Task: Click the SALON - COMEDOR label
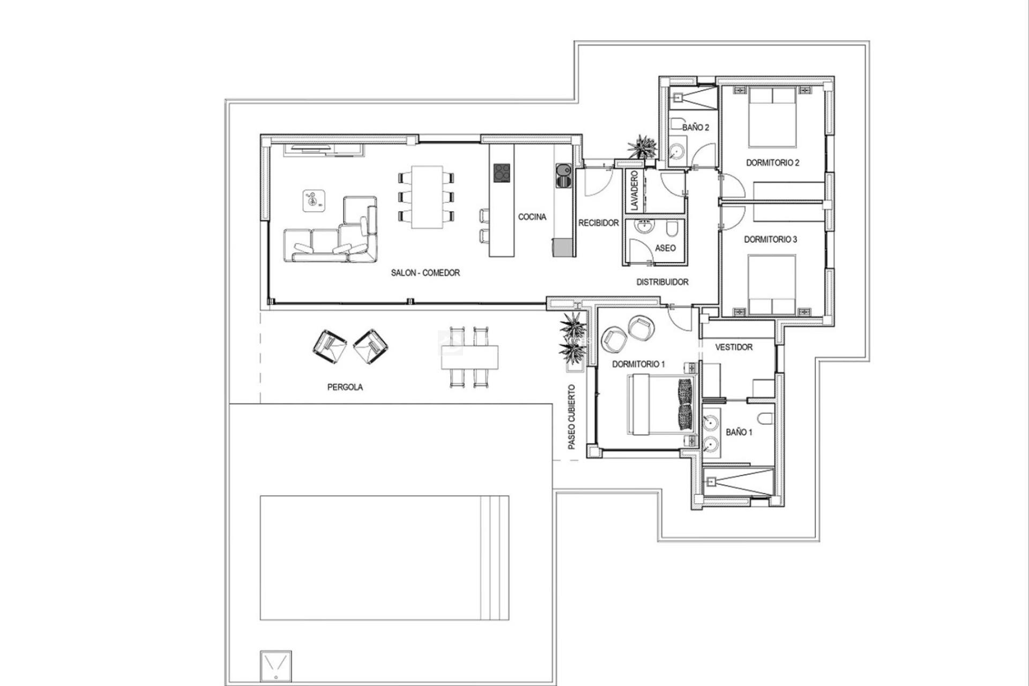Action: [x=425, y=273]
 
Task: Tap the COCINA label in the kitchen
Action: [x=532, y=217]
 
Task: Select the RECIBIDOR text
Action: [x=598, y=223]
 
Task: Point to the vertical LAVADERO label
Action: [x=635, y=190]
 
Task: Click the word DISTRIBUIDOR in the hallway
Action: [x=662, y=282]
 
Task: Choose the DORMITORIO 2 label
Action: [x=772, y=163]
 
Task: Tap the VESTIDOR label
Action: [x=734, y=347]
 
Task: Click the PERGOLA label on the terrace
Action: [x=345, y=387]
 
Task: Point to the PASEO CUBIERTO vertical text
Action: [x=572, y=417]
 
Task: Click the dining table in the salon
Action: [x=427, y=197]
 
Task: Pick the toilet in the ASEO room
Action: [x=672, y=230]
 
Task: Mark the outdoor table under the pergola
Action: [x=469, y=357]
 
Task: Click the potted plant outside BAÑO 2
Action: [x=641, y=146]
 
